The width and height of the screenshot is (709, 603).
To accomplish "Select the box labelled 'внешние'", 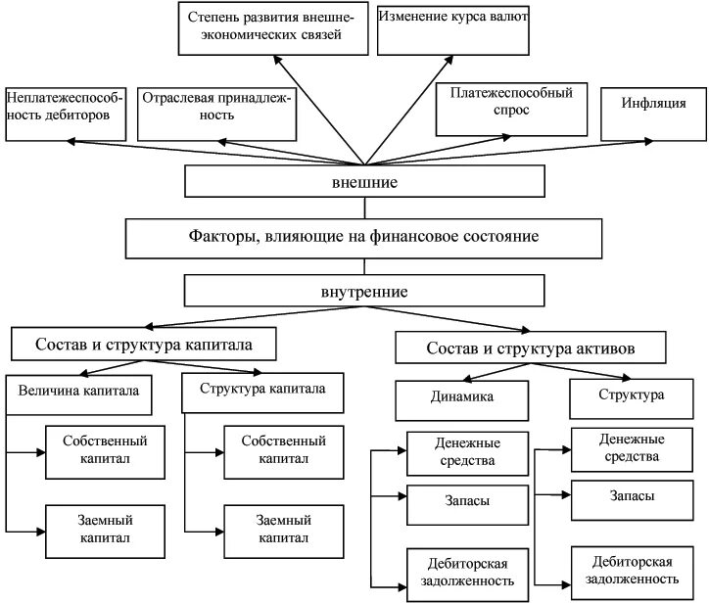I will (363, 183).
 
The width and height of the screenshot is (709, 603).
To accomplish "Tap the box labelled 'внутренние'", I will (363, 292).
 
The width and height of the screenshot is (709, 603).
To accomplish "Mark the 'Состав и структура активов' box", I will (533, 349).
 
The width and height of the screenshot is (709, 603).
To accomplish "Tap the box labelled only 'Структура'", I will (630, 396).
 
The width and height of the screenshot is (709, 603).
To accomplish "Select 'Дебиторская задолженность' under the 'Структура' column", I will (632, 572).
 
